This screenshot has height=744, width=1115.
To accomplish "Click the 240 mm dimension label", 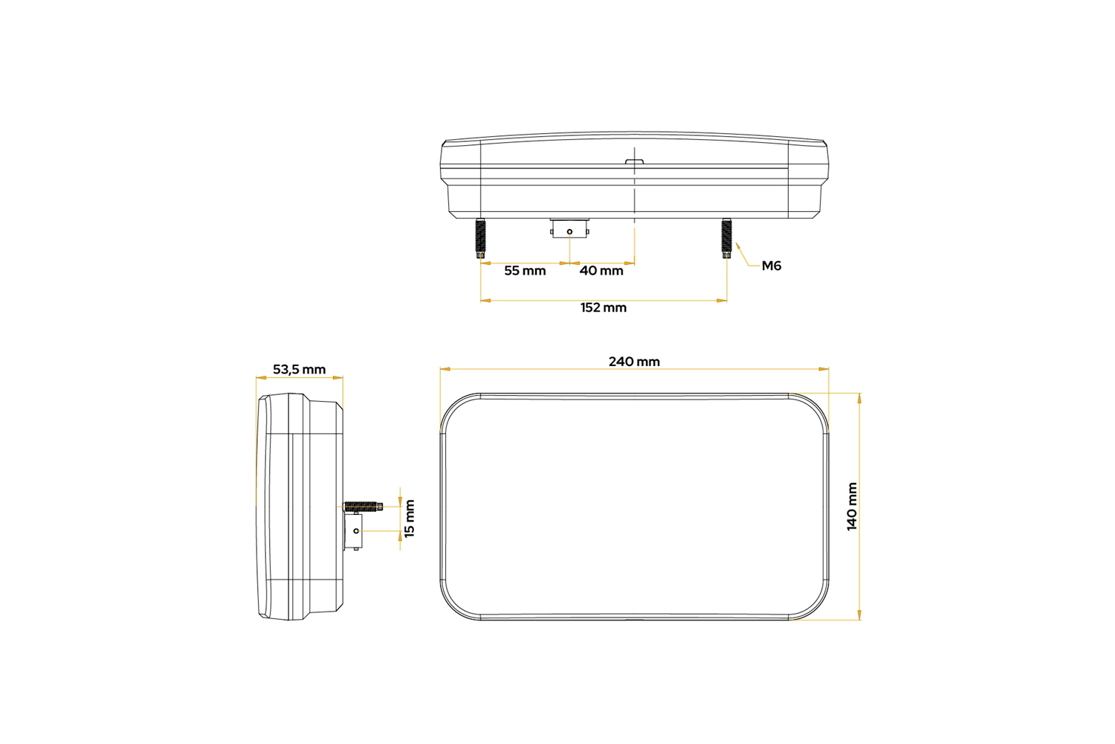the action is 634,362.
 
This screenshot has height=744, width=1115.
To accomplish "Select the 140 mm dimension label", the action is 852,507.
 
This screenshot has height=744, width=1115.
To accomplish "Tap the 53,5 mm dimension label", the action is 299,370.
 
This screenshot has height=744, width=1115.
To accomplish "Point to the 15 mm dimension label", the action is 410,519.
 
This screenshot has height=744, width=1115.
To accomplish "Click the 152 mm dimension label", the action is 604,307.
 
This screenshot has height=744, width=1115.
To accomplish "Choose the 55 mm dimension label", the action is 525,271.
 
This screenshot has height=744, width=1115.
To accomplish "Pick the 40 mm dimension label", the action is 601,271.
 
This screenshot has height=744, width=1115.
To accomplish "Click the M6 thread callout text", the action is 772,266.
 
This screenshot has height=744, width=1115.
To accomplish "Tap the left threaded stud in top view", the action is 480,238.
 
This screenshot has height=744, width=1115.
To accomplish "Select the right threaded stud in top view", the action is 727,238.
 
